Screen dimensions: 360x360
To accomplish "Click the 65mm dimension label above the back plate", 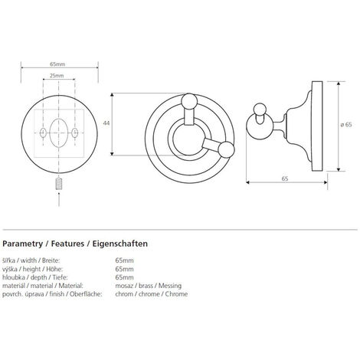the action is point(57,64).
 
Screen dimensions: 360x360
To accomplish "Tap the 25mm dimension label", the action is point(57,76).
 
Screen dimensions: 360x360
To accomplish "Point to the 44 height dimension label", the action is point(106,123).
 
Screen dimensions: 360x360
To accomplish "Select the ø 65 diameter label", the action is point(346,125).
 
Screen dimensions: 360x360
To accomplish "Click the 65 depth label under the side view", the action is point(285,178).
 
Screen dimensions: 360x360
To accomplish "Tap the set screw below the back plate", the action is point(59,184).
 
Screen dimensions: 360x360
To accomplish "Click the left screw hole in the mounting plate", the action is point(43,133).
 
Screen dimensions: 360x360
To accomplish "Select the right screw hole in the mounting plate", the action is point(75,133).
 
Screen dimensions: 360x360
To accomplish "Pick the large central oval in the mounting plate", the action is point(59,133).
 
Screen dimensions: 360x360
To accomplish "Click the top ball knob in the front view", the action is point(189,102).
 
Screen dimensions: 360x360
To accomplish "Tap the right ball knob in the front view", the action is point(226,149).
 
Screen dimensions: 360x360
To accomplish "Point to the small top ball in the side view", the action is point(260,110).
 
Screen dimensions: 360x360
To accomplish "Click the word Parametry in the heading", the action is point(22,244).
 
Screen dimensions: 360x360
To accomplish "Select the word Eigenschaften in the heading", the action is point(120,244).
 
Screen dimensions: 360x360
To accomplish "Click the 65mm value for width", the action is point(124,260).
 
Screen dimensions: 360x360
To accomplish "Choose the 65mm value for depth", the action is point(124,277).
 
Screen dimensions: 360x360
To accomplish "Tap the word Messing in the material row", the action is point(170,286).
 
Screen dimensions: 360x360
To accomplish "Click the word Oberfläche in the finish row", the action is point(86,294).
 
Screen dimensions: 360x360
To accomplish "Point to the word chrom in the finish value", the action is point(124,294).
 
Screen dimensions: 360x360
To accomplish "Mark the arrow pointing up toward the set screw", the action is point(59,199).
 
